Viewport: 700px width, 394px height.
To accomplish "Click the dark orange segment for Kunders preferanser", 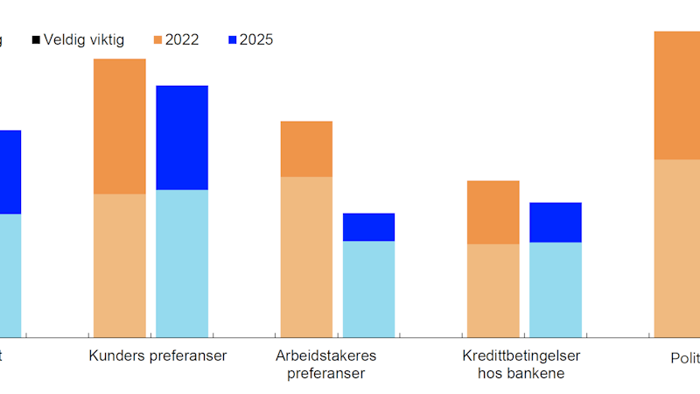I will (x=119, y=126).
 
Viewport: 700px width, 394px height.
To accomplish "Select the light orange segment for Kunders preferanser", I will (x=119, y=265).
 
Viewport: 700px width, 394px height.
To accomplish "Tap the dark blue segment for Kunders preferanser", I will (x=182, y=137).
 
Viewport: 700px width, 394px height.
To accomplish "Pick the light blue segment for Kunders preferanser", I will (x=182, y=263).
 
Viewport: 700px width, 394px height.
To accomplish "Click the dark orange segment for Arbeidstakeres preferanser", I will (x=306, y=149).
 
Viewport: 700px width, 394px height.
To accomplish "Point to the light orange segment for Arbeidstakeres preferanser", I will (x=306, y=257).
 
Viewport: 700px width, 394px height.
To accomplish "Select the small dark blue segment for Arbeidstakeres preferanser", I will (x=368, y=227).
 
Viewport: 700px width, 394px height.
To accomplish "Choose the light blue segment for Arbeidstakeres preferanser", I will (x=368, y=289).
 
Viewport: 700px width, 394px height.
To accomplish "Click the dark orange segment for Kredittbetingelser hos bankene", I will (x=493, y=212).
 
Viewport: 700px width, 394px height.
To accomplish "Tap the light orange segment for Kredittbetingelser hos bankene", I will (x=493, y=290).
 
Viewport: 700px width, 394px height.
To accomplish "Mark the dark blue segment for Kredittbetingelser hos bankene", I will (x=556, y=222).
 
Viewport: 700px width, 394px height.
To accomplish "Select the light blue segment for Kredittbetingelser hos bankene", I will (x=556, y=289).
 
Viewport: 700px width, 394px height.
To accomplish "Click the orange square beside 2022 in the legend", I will (x=157, y=39).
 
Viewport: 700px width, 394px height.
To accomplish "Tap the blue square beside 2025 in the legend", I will (x=233, y=39).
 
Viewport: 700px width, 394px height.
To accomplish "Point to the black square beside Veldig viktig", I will (x=36, y=39).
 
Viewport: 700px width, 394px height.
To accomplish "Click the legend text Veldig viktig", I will (x=84, y=39).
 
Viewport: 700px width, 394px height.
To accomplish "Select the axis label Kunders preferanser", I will (x=157, y=355).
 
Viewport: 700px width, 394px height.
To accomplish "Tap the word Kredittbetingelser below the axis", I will (x=521, y=355).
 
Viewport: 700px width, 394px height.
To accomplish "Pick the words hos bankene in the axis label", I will (x=521, y=373).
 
